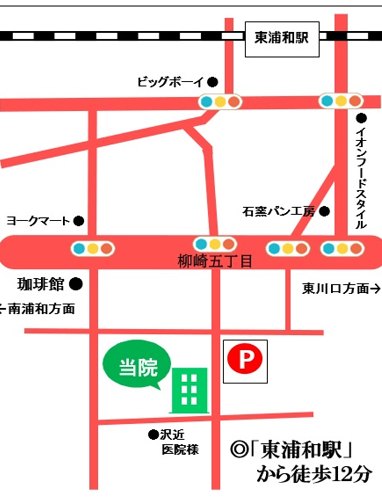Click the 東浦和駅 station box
tap(282, 39)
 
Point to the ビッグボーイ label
tap(170, 82)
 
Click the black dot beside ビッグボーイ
tap(213, 82)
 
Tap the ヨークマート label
tap(38, 221)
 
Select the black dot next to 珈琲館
tap(76, 284)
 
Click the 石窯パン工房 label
tap(278, 212)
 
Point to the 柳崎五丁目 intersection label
tap(215, 261)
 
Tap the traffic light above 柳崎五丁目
tap(215, 244)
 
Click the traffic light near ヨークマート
tap(93, 248)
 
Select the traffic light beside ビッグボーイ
tap(220, 102)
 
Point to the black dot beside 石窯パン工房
tap(324, 212)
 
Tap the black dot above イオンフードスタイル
tap(361, 118)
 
